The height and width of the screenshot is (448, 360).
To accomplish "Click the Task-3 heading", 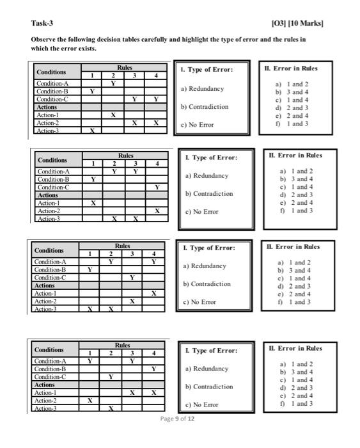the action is (42, 24).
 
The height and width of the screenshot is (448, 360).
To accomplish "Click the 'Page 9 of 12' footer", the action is (178, 419).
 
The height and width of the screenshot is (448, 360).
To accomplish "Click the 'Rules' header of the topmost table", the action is (125, 67).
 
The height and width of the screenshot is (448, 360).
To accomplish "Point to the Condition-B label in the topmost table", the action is (54, 92).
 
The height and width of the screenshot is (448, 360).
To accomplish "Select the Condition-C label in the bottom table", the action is (54, 376).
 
